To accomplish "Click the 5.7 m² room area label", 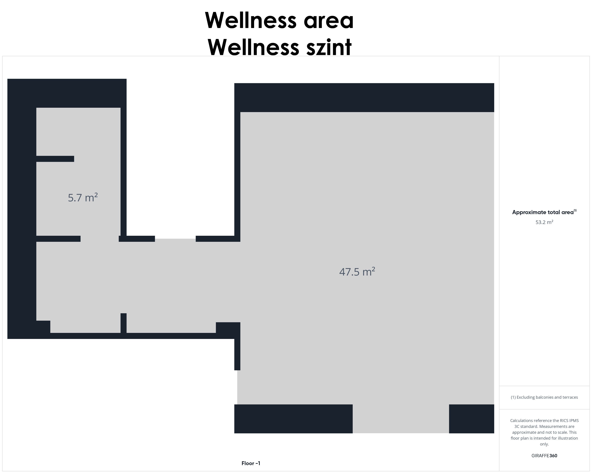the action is click(83, 197).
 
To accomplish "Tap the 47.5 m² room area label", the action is click(357, 271).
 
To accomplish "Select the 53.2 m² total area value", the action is click(544, 222).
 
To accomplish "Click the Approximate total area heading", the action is click(544, 212).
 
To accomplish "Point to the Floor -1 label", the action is click(251, 463).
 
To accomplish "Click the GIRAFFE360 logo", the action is click(544, 455).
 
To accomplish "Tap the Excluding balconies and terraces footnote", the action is click(544, 397).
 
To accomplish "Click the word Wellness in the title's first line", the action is click(251, 20).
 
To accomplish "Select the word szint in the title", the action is click(329, 47).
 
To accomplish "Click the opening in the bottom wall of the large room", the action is click(401, 419).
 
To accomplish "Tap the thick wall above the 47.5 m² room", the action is click(364, 97).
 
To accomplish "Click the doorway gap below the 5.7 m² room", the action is click(99, 239).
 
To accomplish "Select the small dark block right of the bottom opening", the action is click(472, 419).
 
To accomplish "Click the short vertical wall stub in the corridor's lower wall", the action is click(124, 323).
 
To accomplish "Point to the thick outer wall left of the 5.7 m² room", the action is click(22, 209).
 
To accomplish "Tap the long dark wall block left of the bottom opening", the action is click(293, 419).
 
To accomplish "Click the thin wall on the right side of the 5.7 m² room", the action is click(124, 172).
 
